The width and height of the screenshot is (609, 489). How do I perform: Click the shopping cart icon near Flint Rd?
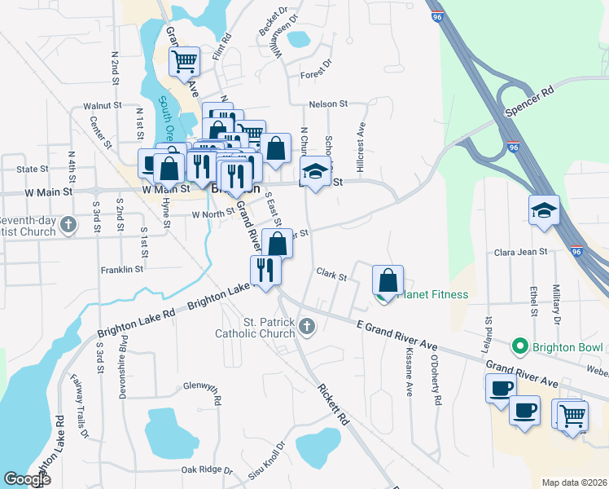pyautogui.click(x=185, y=60)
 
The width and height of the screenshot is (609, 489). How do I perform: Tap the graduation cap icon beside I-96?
pyautogui.click(x=544, y=211)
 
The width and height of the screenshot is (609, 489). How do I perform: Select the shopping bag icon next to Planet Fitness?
pyautogui.click(x=388, y=280)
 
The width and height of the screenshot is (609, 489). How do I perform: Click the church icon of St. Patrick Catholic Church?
pyautogui.click(x=307, y=327)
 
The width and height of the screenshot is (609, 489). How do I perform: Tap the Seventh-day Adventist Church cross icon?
pyautogui.click(x=68, y=223)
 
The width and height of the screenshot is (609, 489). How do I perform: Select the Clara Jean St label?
pyautogui.click(x=520, y=252)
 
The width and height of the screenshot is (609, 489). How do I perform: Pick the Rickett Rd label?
pyautogui.click(x=333, y=405)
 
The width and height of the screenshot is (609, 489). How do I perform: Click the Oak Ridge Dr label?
pyautogui.click(x=206, y=470)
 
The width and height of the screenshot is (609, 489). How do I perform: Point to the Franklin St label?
pyautogui.click(x=121, y=268)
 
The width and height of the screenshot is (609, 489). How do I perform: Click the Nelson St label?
pyautogui.click(x=328, y=104)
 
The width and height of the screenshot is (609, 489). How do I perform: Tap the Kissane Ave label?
pyautogui.click(x=408, y=372)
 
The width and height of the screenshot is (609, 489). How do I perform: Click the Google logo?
pyautogui.click(x=27, y=479)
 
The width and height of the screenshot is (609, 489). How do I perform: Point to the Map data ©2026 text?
pyautogui.click(x=574, y=482)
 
